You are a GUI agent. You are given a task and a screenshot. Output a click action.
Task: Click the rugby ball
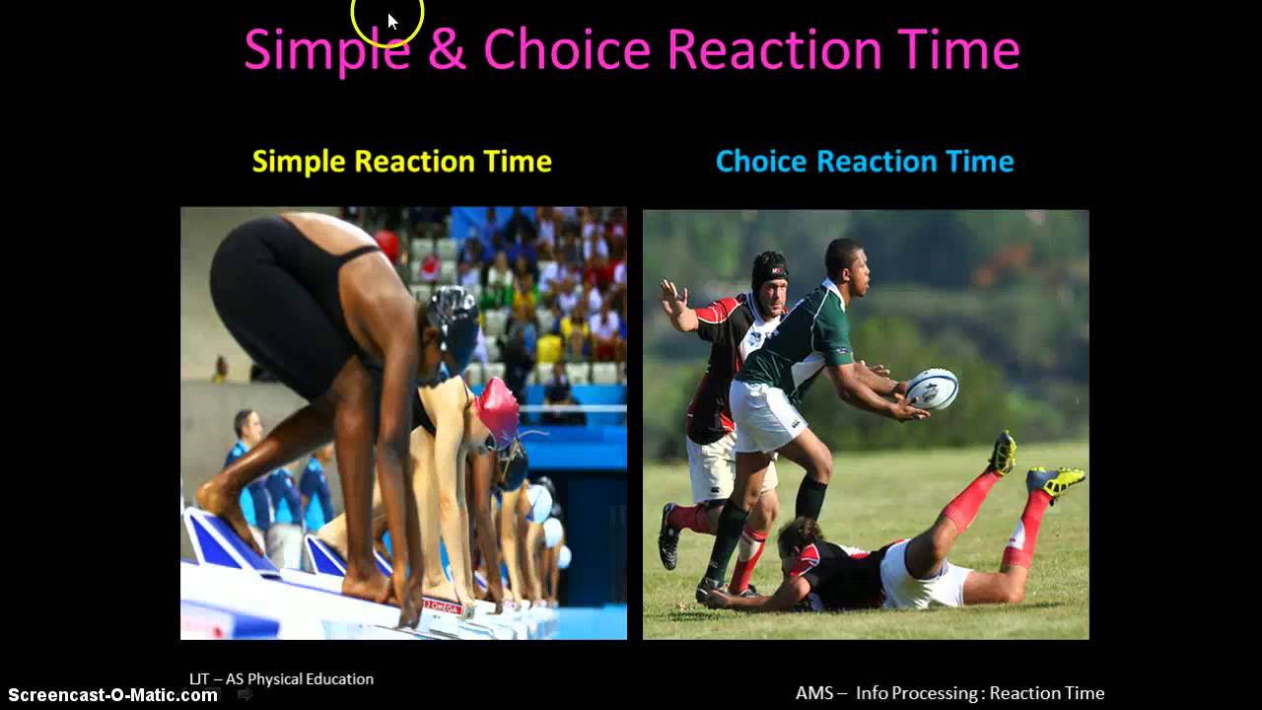tap(932, 389)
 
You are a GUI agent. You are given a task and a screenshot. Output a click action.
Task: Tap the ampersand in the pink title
tap(447, 49)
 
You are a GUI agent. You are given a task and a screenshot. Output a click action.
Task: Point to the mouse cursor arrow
tap(391, 21)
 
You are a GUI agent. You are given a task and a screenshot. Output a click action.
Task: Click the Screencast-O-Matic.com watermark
tap(112, 694)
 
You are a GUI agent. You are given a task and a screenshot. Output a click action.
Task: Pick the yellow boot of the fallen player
tap(1055, 480)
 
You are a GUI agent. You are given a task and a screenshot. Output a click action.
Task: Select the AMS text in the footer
tap(814, 693)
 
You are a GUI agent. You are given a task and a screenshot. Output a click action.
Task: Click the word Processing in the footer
tap(941, 693)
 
